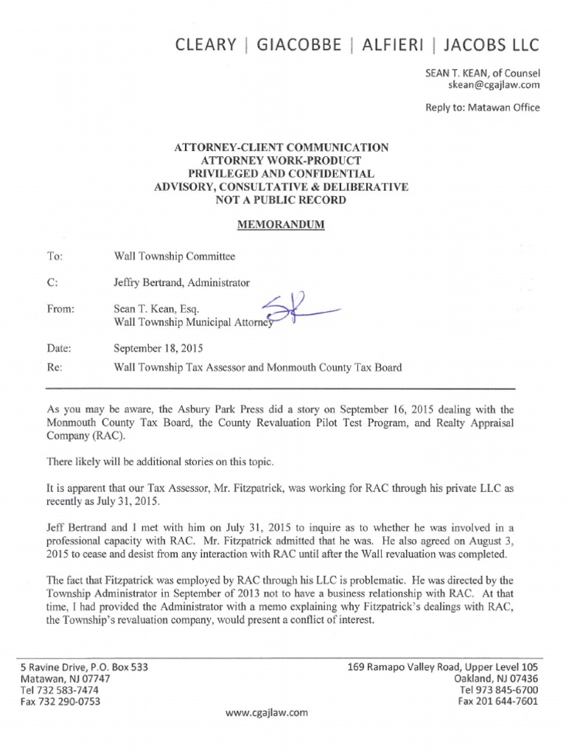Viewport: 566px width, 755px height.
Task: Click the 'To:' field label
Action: [x=54, y=257]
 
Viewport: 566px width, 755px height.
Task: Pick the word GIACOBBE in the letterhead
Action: [x=300, y=46]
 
